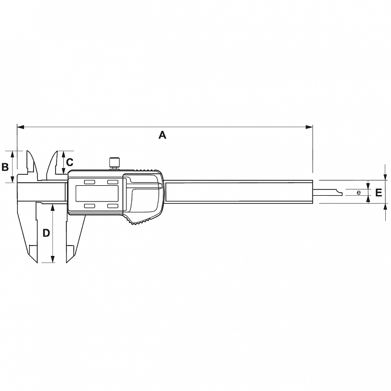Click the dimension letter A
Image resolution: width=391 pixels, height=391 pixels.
162,135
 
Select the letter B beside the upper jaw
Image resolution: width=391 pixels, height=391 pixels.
5,167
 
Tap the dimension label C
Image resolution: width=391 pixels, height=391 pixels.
70,162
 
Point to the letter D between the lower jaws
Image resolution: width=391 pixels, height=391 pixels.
47,233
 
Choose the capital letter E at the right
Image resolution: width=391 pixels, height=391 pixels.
378,193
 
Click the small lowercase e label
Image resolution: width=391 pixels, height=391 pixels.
359,193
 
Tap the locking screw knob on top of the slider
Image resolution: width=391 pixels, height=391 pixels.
115,162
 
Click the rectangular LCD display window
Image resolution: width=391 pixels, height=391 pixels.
96,194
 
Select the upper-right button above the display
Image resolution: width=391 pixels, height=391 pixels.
113,182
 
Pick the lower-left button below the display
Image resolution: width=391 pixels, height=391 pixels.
90,206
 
